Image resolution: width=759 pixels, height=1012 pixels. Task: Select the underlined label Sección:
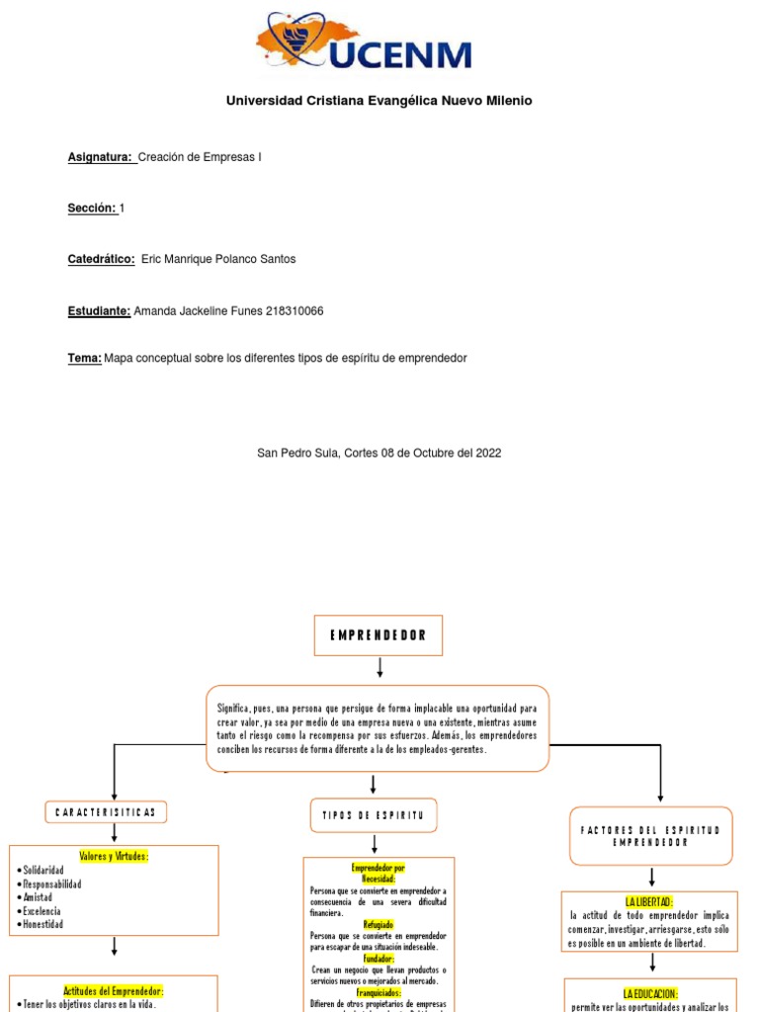[92, 208]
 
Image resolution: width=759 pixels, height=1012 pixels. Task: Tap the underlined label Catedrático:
[101, 259]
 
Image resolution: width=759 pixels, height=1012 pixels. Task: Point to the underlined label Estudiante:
[99, 311]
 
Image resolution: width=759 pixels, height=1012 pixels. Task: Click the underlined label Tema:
[84, 359]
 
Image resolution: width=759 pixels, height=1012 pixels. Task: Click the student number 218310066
[295, 311]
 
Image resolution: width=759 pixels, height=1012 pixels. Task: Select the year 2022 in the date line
[488, 453]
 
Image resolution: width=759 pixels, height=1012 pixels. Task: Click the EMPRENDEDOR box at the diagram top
[379, 635]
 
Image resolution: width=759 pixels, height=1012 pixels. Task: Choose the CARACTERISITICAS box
[106, 812]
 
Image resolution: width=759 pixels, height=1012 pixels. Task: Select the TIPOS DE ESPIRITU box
[373, 815]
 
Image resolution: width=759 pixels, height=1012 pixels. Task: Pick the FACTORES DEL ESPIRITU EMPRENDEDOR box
[652, 836]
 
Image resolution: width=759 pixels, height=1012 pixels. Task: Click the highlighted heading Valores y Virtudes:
[114, 856]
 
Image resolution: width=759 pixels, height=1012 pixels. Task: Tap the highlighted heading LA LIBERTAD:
[649, 901]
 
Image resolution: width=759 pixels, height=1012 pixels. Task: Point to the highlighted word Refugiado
[379, 925]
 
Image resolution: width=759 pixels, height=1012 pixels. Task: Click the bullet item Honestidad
[42, 924]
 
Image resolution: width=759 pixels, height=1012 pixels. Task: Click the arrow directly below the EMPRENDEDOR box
[379, 670]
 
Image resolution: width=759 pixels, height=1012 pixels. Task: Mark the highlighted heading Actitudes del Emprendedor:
[114, 990]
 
